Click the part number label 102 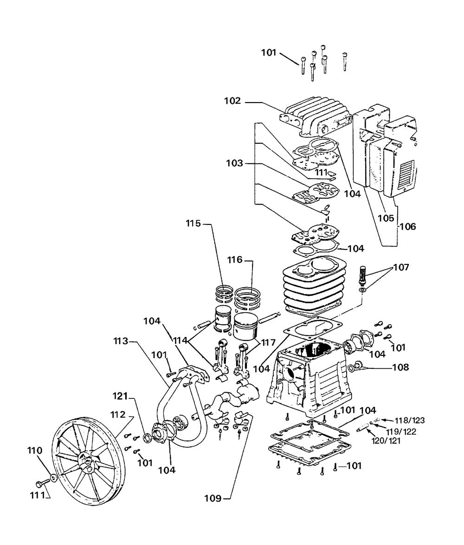pyautogui.click(x=232, y=101)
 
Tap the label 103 pyautogui.click(x=235, y=163)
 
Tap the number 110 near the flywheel pyautogui.click(x=35, y=450)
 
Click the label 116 pyautogui.click(x=235, y=260)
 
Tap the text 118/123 pyautogui.click(x=410, y=421)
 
